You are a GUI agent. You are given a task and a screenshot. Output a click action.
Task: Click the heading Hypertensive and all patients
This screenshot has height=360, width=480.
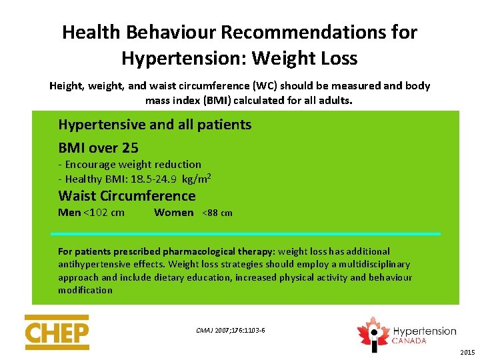[155, 125]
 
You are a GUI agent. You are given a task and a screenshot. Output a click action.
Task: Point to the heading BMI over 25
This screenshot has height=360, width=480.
[98, 148]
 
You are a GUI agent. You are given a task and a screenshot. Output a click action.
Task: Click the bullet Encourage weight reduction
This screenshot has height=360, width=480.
[131, 165]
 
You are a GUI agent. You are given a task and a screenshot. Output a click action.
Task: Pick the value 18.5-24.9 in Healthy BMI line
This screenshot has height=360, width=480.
[151, 179]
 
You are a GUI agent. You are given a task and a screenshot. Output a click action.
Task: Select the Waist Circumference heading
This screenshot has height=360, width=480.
[127, 196]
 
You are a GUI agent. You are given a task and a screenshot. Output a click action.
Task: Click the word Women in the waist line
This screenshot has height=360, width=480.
[173, 213]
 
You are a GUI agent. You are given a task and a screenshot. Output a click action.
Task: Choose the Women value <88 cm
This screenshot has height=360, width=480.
[217, 213]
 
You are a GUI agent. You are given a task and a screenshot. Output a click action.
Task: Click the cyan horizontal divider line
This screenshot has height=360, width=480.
[245, 234]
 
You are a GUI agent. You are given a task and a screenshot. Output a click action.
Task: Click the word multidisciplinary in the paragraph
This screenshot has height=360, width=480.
[373, 265]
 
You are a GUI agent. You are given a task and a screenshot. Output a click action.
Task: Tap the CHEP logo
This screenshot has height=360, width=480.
[57, 332]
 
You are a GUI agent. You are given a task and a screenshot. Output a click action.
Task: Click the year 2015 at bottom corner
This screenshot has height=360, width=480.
[467, 352]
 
